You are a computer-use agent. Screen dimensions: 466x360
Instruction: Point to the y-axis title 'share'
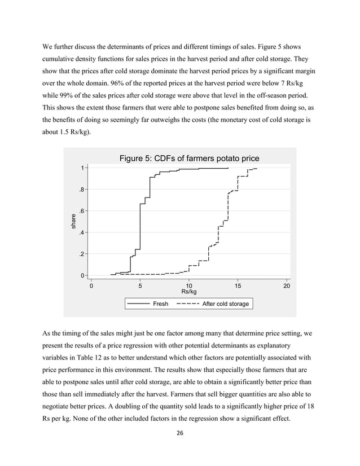(x=72, y=222)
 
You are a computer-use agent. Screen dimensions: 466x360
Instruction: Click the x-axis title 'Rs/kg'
(x=189, y=292)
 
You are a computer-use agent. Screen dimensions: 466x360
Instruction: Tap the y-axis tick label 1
(x=82, y=168)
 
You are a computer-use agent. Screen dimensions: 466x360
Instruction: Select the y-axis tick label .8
(x=82, y=190)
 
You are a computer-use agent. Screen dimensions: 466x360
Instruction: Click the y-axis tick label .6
(x=82, y=211)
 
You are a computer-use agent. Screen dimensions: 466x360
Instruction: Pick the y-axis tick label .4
(x=82, y=232)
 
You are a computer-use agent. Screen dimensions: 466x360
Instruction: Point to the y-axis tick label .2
(x=82, y=254)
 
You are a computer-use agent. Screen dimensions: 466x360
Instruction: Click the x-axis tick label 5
(x=141, y=285)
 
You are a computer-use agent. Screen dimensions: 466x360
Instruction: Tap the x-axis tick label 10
(x=189, y=285)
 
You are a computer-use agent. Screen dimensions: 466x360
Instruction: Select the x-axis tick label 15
(x=238, y=285)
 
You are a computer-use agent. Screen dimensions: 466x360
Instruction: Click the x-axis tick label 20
(x=287, y=285)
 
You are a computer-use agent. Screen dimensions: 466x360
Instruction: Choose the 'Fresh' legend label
(x=160, y=304)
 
